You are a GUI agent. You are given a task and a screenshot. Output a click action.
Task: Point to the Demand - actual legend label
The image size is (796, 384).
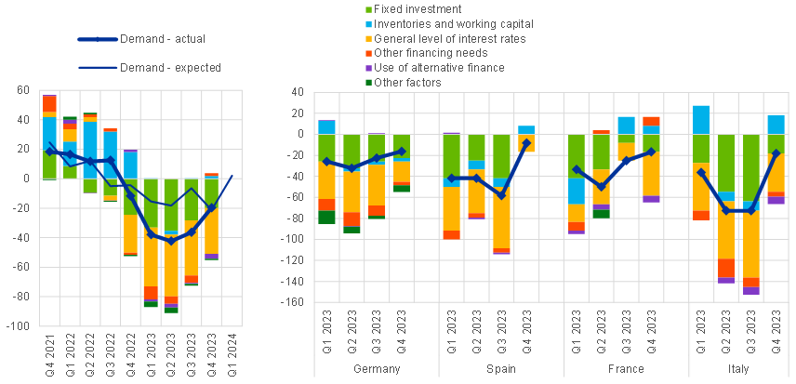point(170,39)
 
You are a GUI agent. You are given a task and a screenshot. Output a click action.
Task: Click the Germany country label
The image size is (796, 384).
point(378,369)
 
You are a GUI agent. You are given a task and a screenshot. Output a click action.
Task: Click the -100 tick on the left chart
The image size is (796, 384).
point(19,326)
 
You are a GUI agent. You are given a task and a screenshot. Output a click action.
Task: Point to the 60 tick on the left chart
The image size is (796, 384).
point(23,89)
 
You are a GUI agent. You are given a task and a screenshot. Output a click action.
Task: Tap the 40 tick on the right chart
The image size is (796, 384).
point(298,91)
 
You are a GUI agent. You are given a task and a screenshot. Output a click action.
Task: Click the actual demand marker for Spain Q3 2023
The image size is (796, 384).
point(501,195)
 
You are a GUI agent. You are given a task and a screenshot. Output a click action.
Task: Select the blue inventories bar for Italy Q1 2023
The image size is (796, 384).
point(700,120)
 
